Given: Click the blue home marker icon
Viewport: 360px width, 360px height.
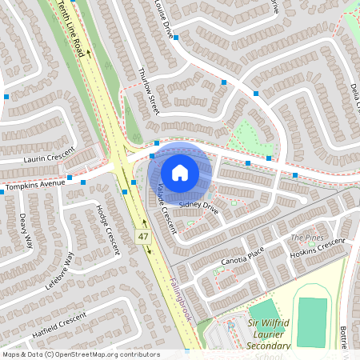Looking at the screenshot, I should pyautogui.click(x=180, y=173).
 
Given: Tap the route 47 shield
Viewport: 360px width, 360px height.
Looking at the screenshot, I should pyautogui.click(x=143, y=238).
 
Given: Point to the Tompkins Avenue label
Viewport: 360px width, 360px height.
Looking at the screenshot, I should pyautogui.click(x=34, y=186).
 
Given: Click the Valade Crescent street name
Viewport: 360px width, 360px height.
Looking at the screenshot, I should pyautogui.click(x=166, y=207).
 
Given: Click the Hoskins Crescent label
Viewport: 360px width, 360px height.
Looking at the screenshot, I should pyautogui.click(x=317, y=247).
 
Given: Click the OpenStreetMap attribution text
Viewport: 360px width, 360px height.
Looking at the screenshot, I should pyautogui.click(x=81, y=354).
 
